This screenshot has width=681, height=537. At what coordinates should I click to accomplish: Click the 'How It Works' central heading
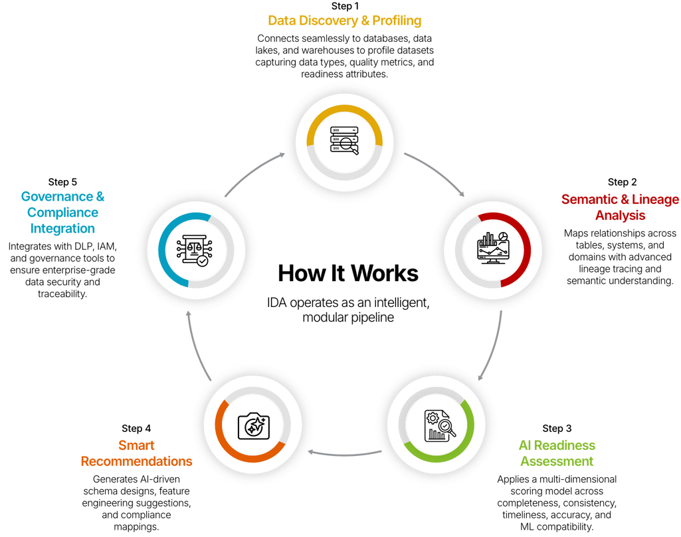coord(347,273)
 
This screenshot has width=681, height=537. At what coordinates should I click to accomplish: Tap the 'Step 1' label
coord(344,6)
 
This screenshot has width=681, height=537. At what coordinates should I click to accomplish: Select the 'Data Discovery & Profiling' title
coord(344,21)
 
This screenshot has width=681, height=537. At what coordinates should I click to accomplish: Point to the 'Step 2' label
coord(623,182)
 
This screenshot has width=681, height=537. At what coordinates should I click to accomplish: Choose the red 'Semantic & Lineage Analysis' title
coord(620,207)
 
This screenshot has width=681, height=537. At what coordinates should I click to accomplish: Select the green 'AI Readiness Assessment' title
coord(557,453)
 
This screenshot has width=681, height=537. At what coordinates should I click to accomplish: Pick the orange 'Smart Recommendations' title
coord(136,453)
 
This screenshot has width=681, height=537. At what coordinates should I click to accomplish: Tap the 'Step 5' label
coord(62,181)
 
